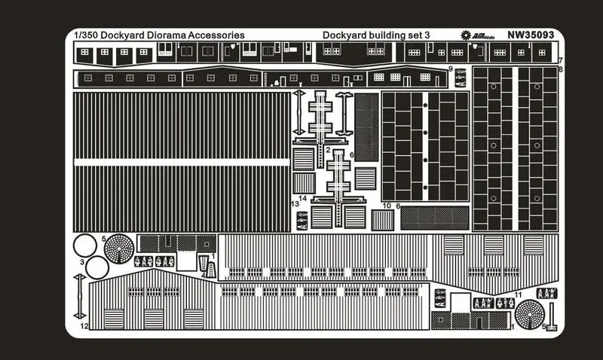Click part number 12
86,326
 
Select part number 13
295,203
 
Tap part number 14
303,198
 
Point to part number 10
387,206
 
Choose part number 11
518,294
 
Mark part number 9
450,69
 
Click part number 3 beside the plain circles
82,261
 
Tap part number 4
203,274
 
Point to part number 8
561,69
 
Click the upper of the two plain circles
86,246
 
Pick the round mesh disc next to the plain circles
118,247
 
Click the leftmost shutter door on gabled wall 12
114,319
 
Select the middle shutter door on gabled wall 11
494,245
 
